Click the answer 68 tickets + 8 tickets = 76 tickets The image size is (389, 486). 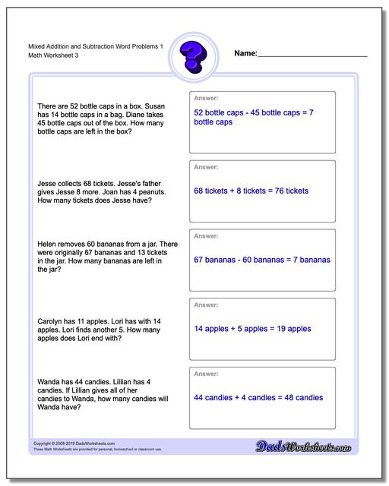[x=251, y=191]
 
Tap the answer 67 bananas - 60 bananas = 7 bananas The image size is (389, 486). [x=262, y=260]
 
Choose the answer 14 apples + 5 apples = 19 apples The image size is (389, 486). [x=252, y=329]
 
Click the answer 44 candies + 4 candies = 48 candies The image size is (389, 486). [x=258, y=398]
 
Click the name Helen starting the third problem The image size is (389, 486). [x=47, y=244]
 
